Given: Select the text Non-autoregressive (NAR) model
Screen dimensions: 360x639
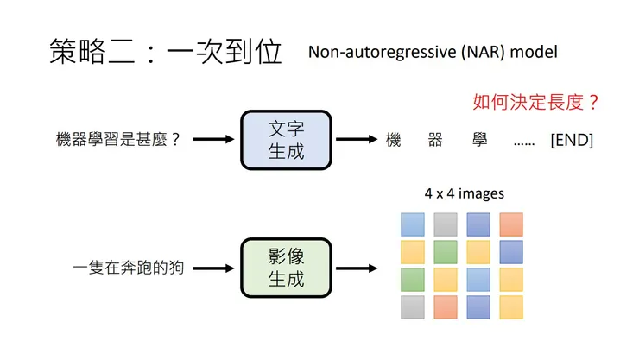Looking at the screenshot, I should [433, 52].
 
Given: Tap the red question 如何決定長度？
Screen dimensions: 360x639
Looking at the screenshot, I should [535, 102].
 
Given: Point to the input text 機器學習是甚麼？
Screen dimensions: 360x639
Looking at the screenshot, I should [118, 139].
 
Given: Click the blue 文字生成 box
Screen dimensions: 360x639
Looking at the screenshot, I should [287, 139].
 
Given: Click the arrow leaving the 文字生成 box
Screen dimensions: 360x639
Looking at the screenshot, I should [357, 139].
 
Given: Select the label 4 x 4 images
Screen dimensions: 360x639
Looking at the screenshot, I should [464, 193].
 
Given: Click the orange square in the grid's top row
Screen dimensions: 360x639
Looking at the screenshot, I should [511, 224].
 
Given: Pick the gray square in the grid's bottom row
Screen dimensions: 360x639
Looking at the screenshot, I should [413, 306].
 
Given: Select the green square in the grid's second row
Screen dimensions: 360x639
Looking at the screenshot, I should [446, 252].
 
